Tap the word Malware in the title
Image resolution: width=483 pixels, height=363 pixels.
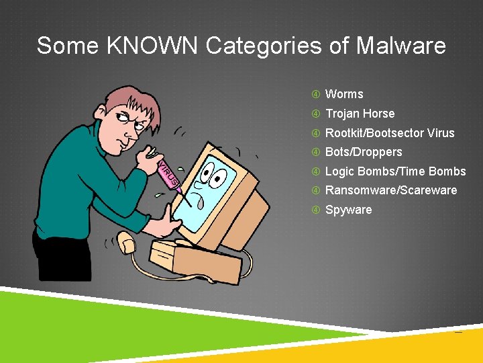pos(400,46)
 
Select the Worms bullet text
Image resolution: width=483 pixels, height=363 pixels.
pos(344,94)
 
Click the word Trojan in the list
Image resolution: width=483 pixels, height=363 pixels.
pos(342,114)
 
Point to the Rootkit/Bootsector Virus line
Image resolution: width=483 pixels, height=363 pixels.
pos(390,133)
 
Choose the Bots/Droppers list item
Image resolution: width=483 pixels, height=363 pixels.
pos(364,152)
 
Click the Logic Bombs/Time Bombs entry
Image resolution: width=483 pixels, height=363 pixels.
pos(395,171)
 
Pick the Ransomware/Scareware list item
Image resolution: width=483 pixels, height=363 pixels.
pos(391,190)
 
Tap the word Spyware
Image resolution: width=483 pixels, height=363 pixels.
pos(348,210)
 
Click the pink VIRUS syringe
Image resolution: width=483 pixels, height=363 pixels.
pos(168,173)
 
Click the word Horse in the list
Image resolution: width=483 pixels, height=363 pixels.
pos(379,114)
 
